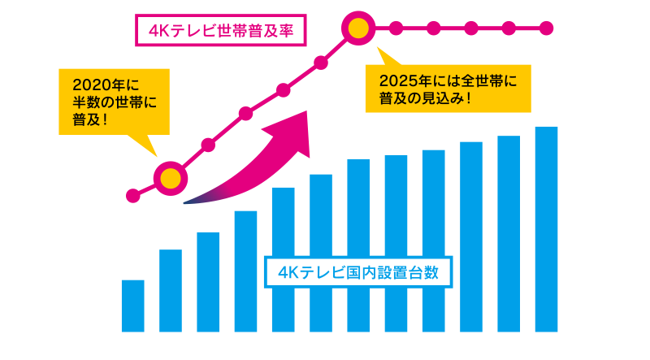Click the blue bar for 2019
132,306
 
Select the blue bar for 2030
546,229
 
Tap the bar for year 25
357,245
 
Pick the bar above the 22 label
245,271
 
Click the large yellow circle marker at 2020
171,178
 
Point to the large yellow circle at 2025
357,29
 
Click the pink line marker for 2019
132,195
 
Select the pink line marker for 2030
546,29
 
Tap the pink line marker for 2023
283,89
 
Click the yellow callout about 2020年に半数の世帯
113,101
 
